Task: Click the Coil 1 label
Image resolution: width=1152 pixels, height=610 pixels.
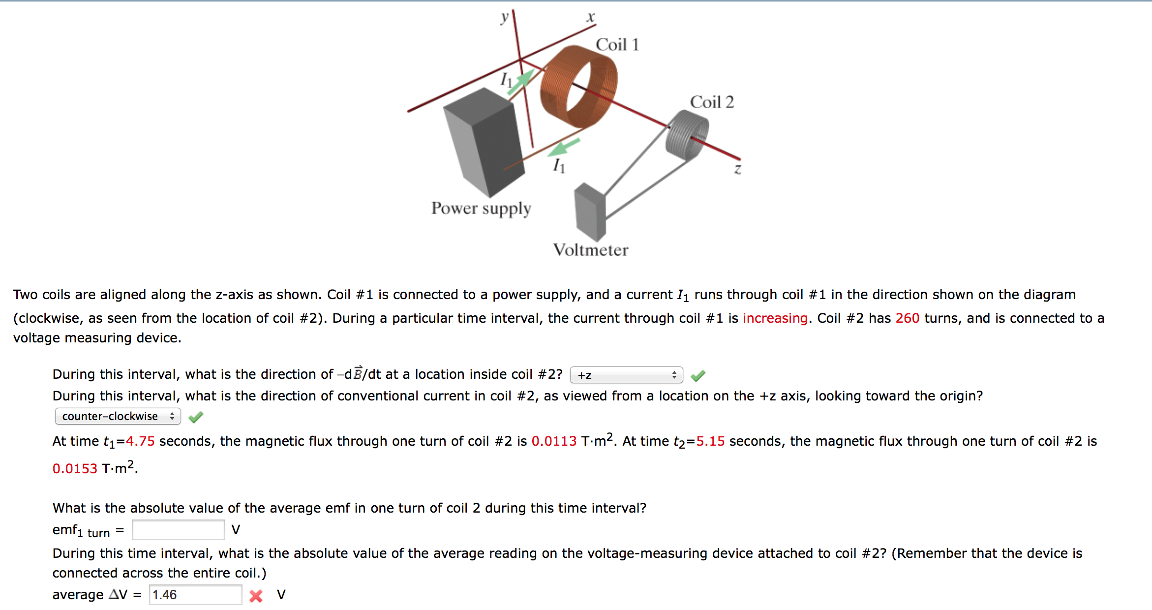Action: coord(617,45)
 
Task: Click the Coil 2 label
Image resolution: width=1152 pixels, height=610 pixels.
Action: coord(711,102)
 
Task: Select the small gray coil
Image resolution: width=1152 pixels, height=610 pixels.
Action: coord(687,135)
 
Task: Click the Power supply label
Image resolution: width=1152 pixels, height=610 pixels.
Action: coord(481,209)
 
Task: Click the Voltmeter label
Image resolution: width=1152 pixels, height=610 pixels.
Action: coord(590,250)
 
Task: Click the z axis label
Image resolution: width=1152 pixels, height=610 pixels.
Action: coord(737,169)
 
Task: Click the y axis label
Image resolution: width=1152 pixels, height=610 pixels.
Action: coord(504,17)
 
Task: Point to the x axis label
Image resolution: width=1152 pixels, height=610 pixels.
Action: coord(591,17)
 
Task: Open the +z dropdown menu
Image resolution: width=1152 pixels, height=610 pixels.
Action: coord(626,375)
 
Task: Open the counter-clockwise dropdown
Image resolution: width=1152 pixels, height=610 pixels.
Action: coord(118,417)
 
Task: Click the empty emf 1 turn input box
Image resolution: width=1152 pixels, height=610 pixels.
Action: coord(178,530)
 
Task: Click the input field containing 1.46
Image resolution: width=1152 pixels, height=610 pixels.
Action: coord(195,595)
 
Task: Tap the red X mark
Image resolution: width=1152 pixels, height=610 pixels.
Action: coord(256,596)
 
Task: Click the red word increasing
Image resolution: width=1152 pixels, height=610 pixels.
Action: coord(775,318)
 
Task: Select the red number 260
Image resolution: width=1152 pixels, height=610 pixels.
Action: coord(907,318)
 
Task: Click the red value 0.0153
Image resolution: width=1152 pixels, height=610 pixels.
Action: coord(75,468)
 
